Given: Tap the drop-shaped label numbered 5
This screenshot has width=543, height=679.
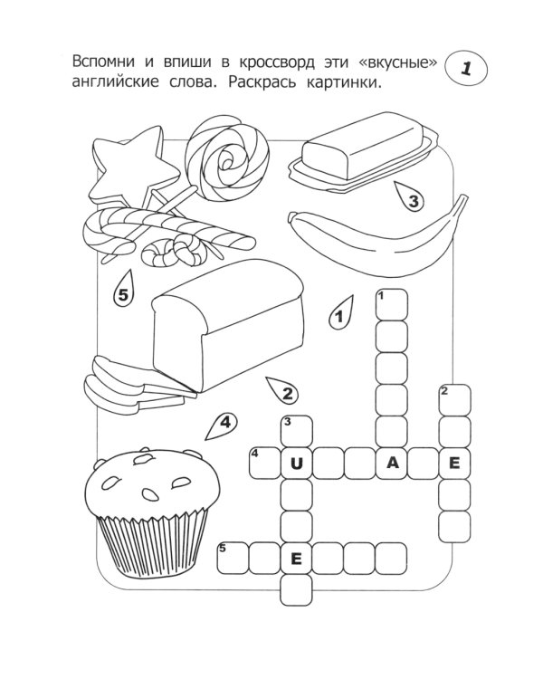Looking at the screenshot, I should (124, 291).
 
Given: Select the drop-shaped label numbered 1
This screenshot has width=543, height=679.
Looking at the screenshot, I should (341, 314).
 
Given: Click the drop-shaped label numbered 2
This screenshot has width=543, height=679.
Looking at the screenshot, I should (284, 390).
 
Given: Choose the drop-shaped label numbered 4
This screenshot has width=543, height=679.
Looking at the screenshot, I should (222, 424).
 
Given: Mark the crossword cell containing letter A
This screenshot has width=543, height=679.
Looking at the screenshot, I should (393, 464).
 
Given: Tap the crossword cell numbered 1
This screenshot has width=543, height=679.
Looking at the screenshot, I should (392, 305).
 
